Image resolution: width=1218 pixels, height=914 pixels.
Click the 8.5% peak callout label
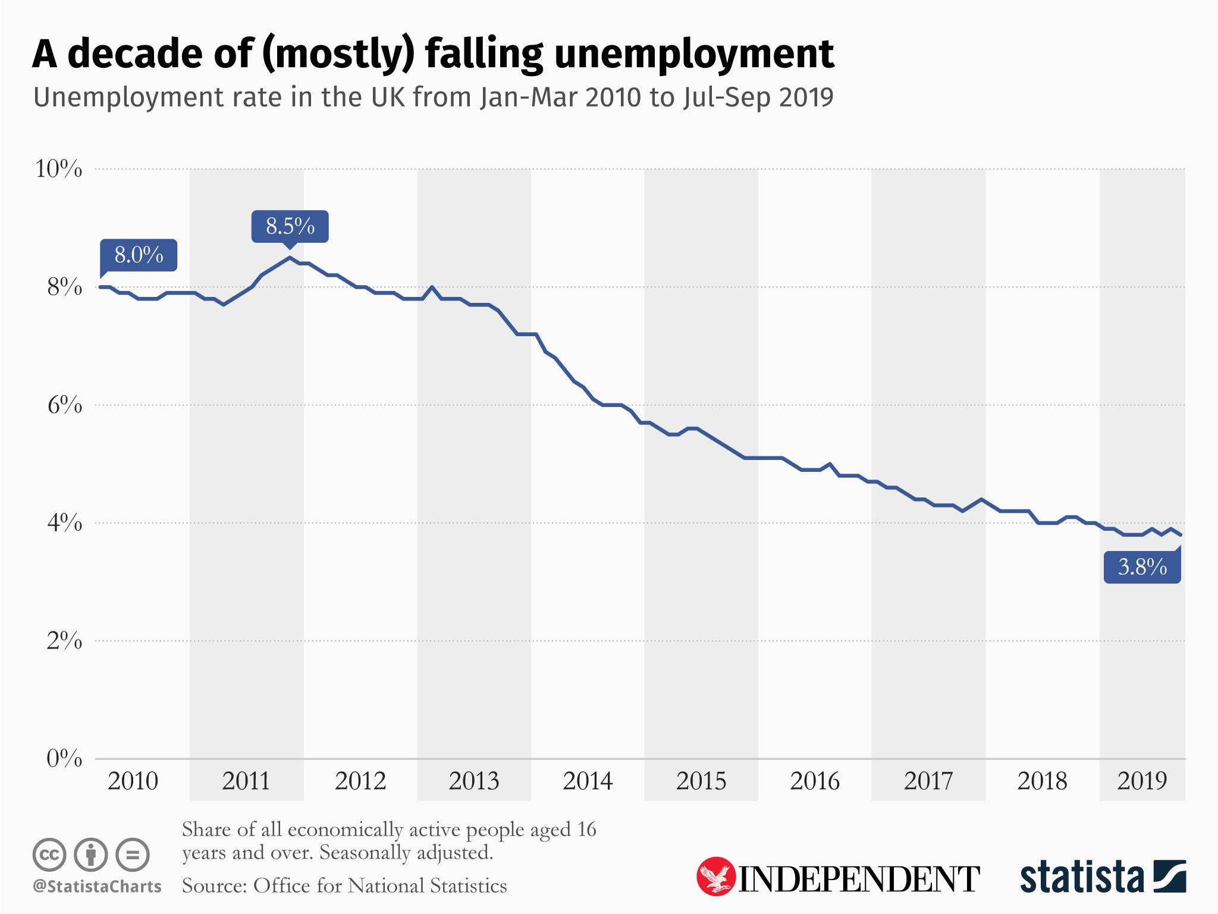[290, 227]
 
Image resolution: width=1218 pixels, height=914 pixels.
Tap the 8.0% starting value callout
[139, 255]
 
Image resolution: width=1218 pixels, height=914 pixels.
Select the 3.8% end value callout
[1142, 567]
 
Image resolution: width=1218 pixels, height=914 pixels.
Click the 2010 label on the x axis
[133, 781]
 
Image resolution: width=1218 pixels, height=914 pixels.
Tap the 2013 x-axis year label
[474, 781]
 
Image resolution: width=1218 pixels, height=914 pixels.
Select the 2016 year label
[815, 781]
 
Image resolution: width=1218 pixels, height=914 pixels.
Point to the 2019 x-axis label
[1142, 781]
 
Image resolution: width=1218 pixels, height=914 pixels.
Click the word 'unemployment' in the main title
[694, 55]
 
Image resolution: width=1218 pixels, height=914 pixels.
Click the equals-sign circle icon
[132, 855]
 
